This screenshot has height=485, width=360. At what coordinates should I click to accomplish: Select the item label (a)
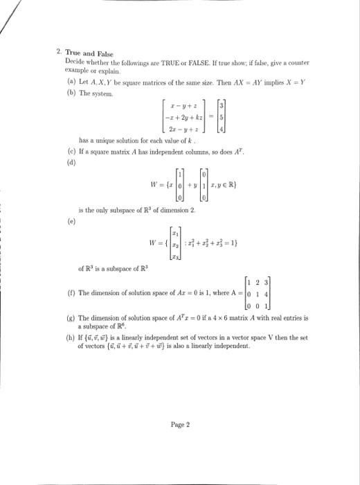[x=73, y=80]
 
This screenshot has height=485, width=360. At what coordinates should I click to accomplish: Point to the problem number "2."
[x=60, y=53]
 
